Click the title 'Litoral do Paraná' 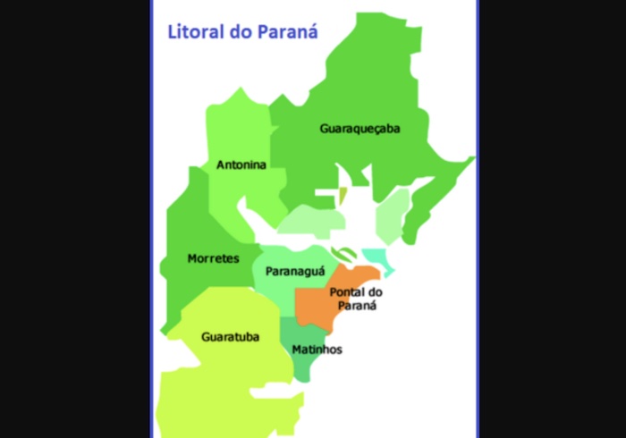(243, 32)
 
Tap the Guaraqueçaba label (360, 129)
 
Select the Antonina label (241, 165)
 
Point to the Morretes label (213, 259)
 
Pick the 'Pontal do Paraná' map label (355, 299)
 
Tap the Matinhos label (317, 350)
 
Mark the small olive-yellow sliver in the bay (343, 194)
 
